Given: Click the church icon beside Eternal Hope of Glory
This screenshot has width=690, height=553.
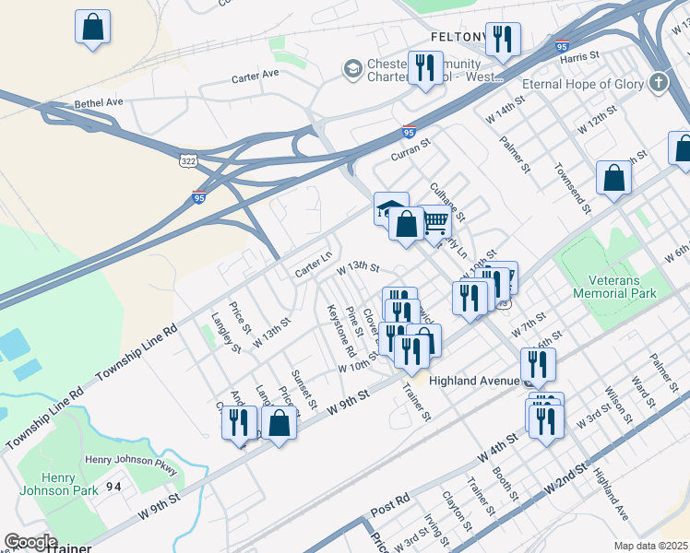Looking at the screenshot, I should (658, 84).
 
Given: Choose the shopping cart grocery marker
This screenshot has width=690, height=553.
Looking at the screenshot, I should (434, 220).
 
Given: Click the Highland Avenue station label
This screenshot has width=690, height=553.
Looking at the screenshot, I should (474, 381).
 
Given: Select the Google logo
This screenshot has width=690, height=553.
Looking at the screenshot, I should (30, 542).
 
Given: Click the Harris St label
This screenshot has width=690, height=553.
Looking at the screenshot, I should (580, 57).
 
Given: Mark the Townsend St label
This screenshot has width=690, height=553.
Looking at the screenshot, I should (571, 185).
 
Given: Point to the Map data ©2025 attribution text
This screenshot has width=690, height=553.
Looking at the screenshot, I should (650, 546).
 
